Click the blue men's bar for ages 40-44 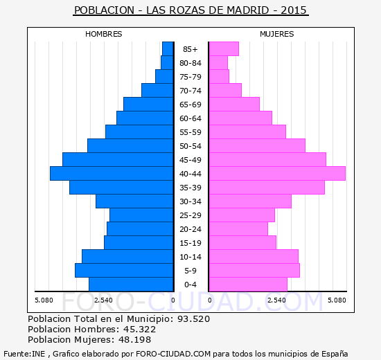[x=112, y=174]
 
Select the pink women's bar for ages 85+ [x=224, y=49]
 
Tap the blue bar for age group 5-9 [x=124, y=271]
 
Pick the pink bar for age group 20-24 [x=238, y=229]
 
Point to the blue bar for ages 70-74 [x=157, y=91]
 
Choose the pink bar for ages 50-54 [x=257, y=146]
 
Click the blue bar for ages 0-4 [x=131, y=285]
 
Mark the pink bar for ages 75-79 [x=219, y=77]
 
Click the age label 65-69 [x=190, y=105]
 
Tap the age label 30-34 [x=190, y=201]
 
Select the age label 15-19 [x=190, y=243]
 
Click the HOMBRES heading [x=104, y=34]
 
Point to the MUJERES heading [x=277, y=34]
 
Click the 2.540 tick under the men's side [x=103, y=300]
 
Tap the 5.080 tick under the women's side [x=337, y=300]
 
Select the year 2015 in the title [x=294, y=10]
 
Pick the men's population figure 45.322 [x=139, y=329]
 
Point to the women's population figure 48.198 [x=134, y=339]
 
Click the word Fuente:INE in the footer [x=24, y=354]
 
